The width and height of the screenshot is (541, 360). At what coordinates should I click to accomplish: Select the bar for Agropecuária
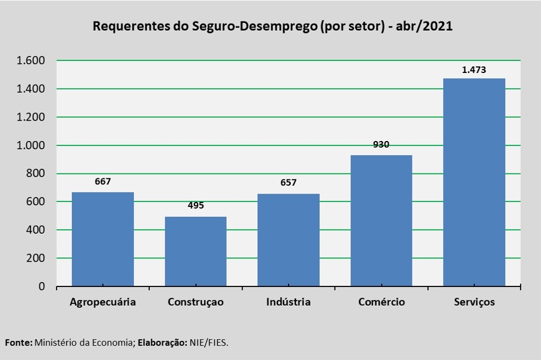point(103,239)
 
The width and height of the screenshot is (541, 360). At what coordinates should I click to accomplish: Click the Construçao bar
point(196,251)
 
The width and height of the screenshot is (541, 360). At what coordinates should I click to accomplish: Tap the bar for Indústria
point(289,240)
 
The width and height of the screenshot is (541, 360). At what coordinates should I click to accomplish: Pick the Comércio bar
point(381,221)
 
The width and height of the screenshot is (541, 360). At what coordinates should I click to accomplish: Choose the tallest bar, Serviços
point(474,182)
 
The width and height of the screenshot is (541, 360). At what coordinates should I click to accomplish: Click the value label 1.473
point(474,70)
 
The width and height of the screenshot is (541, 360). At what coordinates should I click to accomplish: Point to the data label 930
point(381,145)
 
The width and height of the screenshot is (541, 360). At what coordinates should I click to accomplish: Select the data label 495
point(196,206)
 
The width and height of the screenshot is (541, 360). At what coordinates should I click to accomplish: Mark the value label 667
point(103,181)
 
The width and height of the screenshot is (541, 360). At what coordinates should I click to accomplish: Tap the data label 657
point(289,183)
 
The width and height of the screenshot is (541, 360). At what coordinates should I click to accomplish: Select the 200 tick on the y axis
point(42,258)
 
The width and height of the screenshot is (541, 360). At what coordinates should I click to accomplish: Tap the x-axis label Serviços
point(474,302)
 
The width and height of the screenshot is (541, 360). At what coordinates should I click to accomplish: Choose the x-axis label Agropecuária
point(103,302)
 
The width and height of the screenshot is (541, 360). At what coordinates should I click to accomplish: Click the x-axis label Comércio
point(381,302)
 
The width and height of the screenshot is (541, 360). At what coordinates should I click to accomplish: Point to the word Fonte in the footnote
point(18,342)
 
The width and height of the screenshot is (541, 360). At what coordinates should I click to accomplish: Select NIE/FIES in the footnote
point(209,342)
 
